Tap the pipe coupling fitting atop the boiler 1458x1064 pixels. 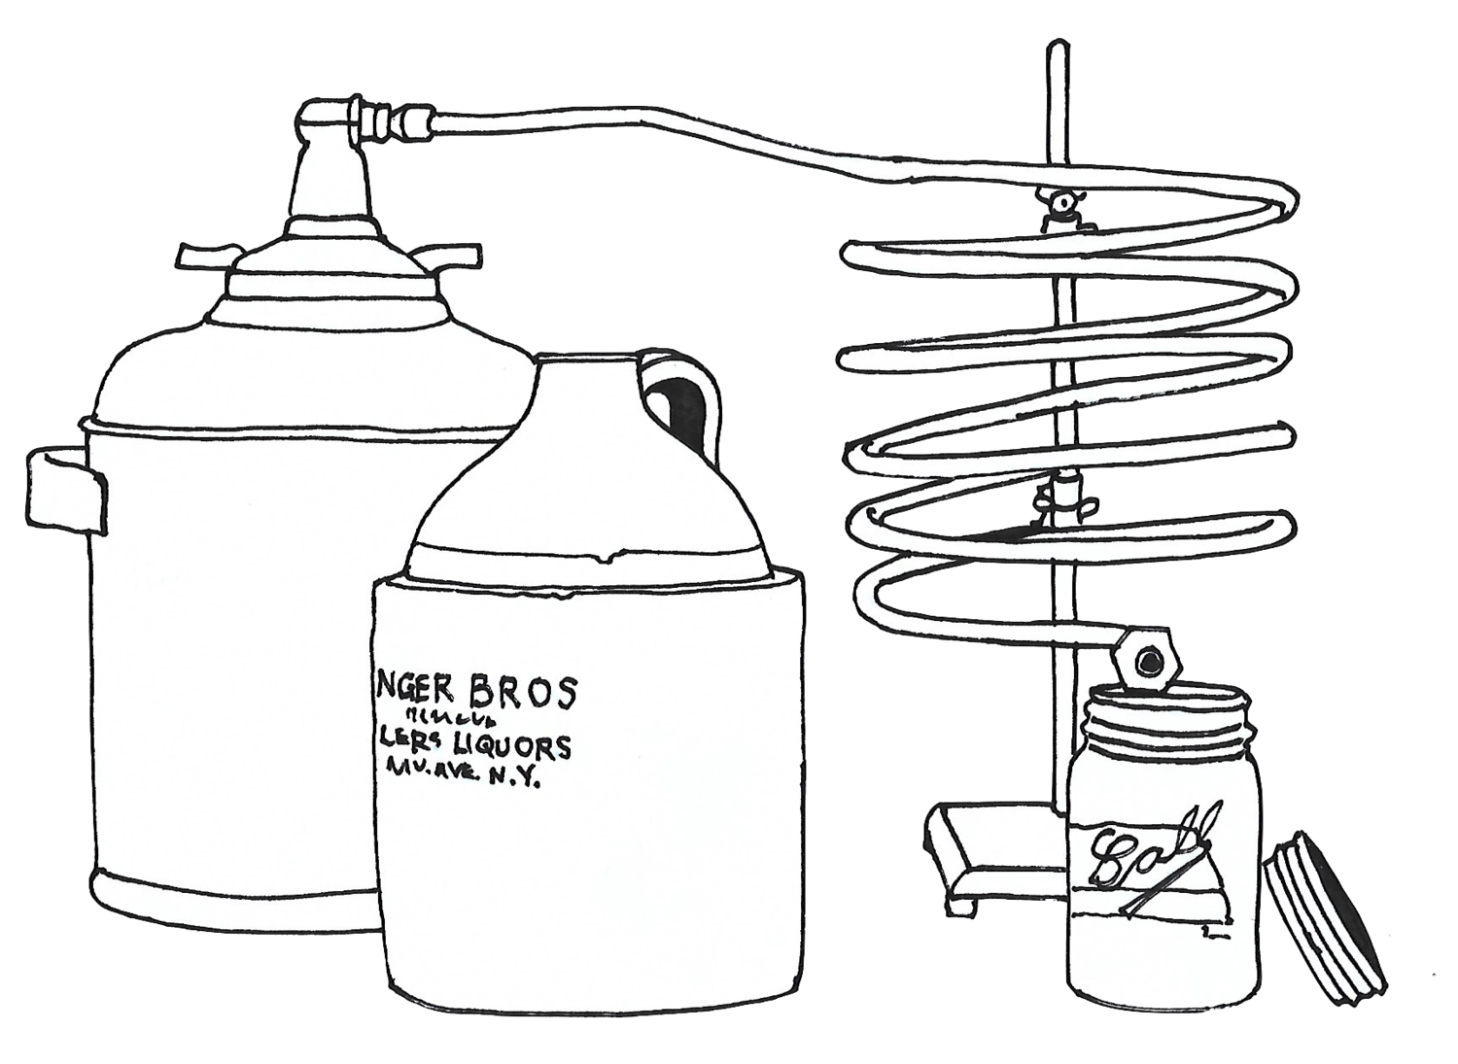pyautogui.click(x=393, y=124)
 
